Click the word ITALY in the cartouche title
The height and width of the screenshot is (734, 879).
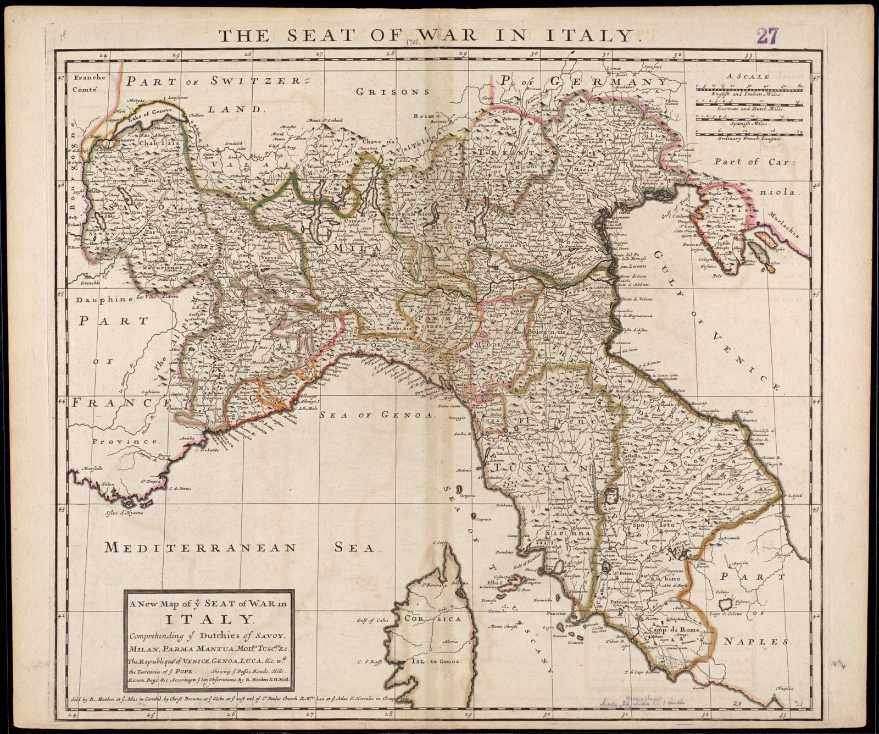point(208,620)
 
